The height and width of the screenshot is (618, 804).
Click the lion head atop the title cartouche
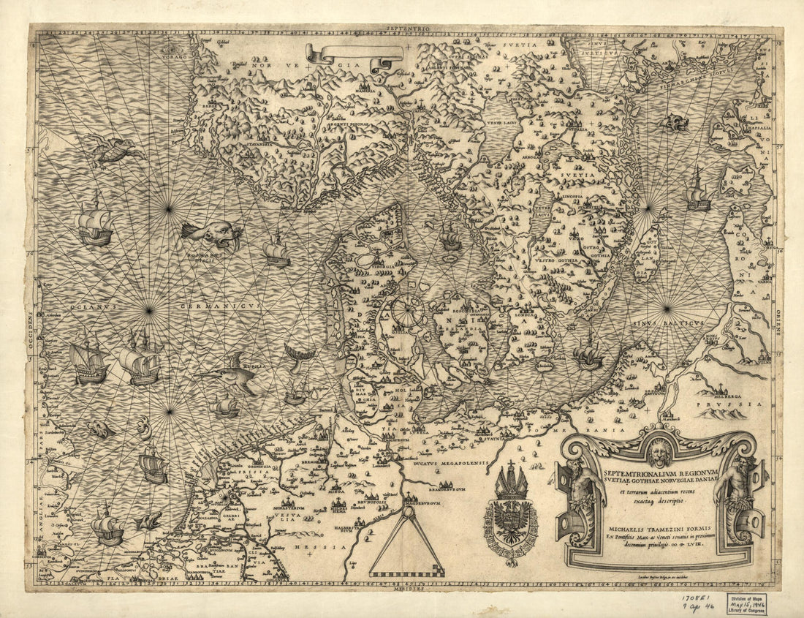point(660,452)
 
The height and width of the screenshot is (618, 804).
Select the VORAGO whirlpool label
point(173,55)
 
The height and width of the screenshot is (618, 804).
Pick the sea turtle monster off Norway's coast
point(117,148)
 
